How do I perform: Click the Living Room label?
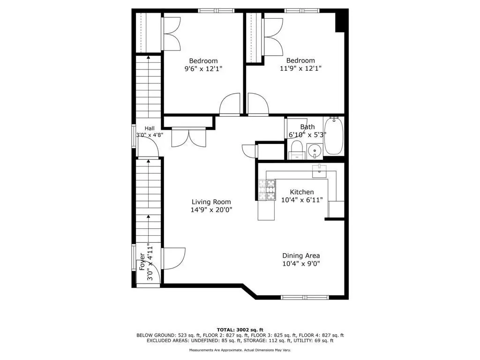point(211,202)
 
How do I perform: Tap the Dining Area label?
point(301,255)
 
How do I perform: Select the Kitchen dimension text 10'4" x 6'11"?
point(302,200)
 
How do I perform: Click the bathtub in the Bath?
point(334,135)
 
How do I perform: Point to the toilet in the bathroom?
point(297,150)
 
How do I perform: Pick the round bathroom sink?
point(314,150)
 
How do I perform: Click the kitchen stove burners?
point(267,190)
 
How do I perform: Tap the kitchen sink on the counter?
point(319,171)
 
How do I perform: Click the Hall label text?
point(150,128)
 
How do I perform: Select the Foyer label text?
point(142,262)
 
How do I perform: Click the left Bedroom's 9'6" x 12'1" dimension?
point(203,68)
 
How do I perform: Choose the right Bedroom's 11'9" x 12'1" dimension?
point(300,68)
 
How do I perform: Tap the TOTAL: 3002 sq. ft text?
point(240,330)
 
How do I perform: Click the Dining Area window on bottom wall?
point(305,297)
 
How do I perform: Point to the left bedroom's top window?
point(217,11)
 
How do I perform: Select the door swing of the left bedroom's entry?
point(230,104)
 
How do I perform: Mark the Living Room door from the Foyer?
point(174,259)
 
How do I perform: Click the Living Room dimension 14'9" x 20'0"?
point(211,210)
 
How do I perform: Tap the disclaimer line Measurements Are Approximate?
point(240,350)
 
